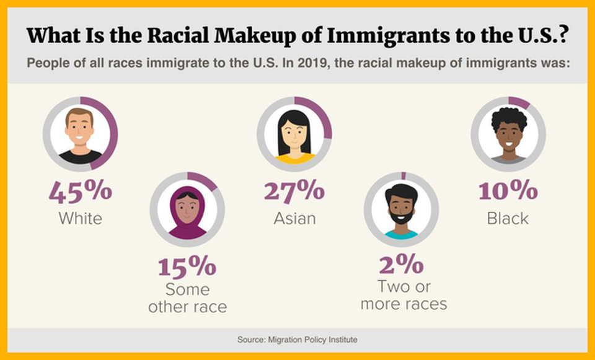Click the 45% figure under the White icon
point(81,192)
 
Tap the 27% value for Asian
point(294,191)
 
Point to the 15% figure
point(187,266)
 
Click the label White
point(81,219)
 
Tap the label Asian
point(294,219)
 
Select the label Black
point(508,218)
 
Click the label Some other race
point(187,298)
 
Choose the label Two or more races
point(403,296)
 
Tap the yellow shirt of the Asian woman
point(294,159)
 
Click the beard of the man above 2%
point(401,217)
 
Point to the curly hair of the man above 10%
point(508,117)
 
